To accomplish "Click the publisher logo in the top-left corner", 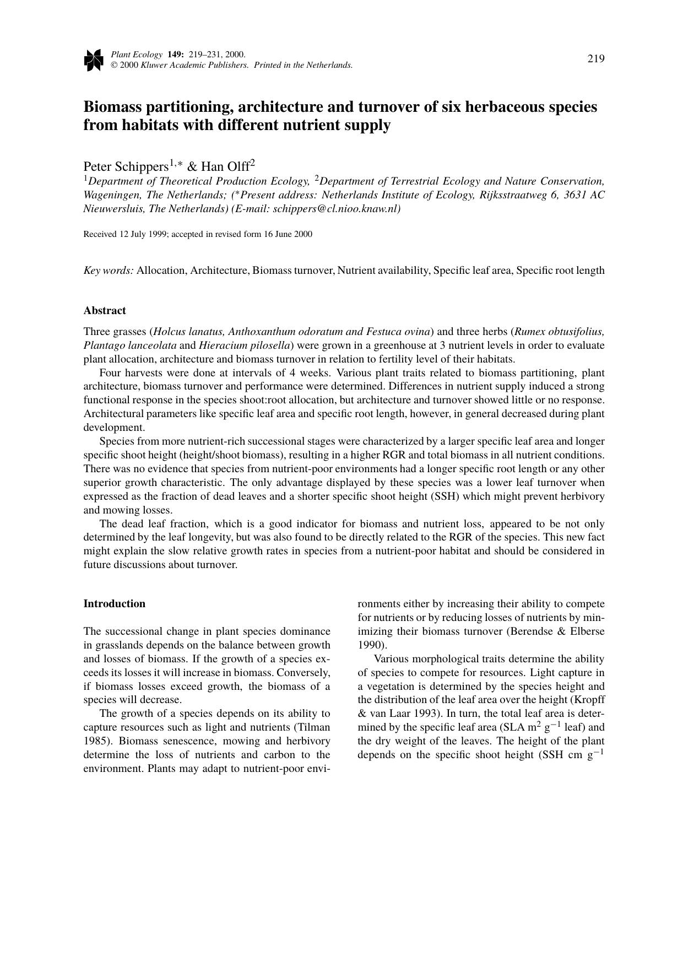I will (x=94, y=60).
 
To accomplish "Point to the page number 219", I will (x=596, y=59).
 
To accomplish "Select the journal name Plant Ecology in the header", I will (x=137, y=55).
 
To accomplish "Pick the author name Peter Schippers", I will (x=126, y=166).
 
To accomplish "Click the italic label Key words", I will (x=109, y=271).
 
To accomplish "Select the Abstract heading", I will (x=105, y=311).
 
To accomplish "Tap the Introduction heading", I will (x=115, y=604).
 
